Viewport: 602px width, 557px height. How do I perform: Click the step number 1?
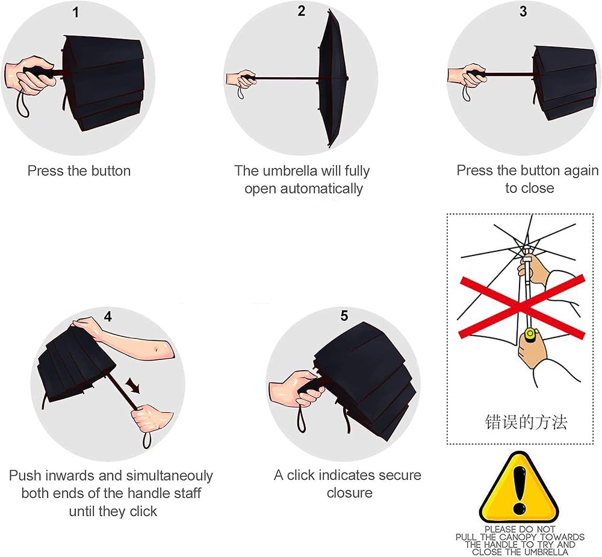76,12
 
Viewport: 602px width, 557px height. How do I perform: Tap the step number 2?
302,11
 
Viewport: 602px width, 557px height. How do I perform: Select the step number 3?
523,11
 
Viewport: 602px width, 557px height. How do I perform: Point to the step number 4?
108,316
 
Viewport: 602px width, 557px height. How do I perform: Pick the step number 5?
344,316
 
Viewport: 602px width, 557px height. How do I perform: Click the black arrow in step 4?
133,385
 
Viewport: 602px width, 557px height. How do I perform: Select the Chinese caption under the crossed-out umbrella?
526,422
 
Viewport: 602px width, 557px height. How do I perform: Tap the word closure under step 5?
350,493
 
